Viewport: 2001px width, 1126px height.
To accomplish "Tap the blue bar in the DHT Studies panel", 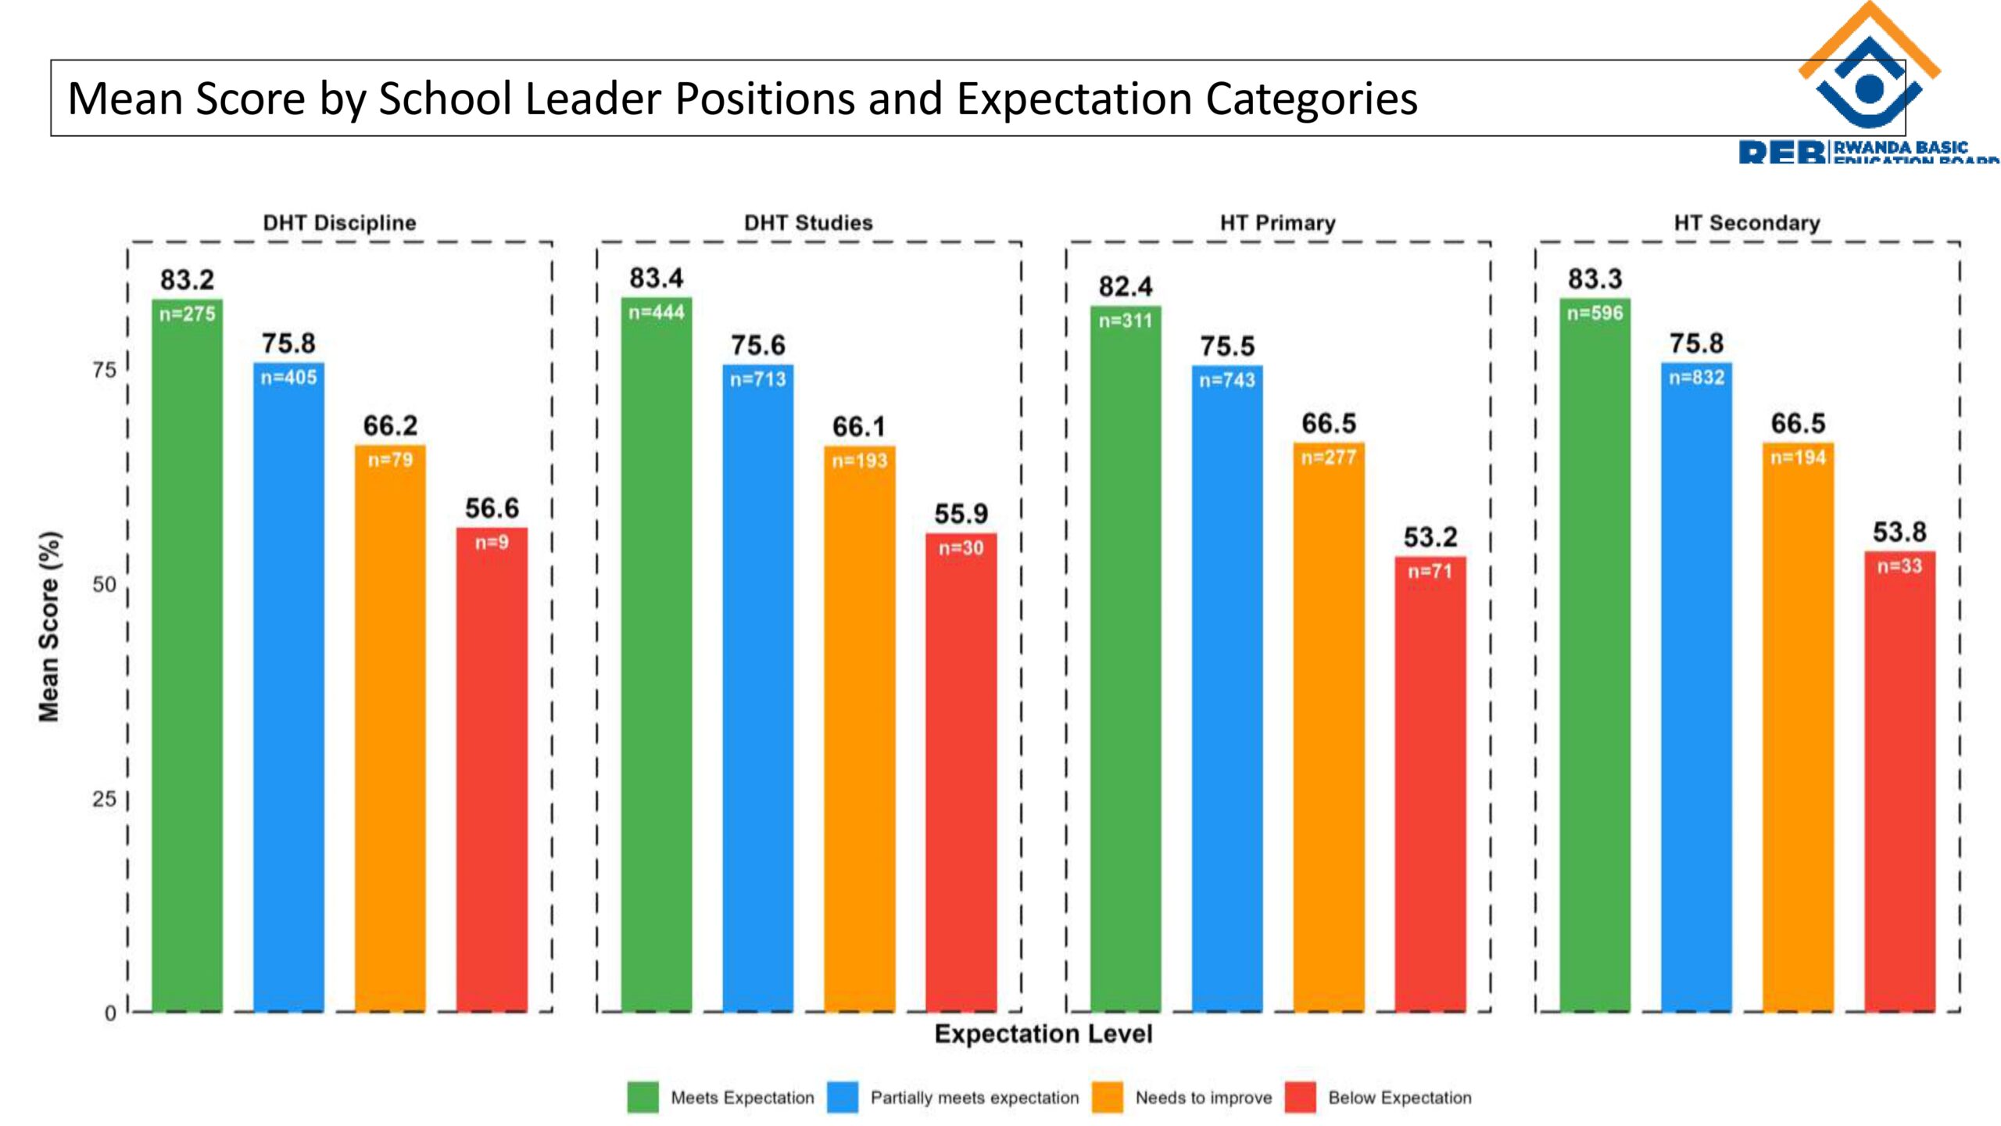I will [757, 688].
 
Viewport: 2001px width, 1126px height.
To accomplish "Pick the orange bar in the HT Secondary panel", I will [1798, 727].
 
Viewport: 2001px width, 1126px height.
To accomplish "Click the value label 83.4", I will [656, 278].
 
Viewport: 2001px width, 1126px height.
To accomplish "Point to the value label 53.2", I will [1430, 537].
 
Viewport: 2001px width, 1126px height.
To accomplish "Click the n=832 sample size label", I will [1696, 378].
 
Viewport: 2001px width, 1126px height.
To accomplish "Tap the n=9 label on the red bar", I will [492, 542].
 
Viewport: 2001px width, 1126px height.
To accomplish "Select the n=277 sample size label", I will [1329, 457].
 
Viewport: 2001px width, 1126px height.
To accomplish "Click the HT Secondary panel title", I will [1747, 223].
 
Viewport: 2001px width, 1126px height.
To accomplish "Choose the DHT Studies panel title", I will [808, 223].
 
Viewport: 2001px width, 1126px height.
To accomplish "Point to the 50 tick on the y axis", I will [104, 584].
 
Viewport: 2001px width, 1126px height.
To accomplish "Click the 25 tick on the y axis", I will [104, 799].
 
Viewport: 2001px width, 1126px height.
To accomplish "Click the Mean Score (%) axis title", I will [48, 626].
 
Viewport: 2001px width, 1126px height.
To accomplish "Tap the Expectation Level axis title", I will [1043, 1034].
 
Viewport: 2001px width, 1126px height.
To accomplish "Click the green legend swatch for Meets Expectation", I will [643, 1097].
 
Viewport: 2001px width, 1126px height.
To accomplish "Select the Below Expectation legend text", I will [1399, 1098].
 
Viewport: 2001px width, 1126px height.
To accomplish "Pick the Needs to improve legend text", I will [1203, 1098].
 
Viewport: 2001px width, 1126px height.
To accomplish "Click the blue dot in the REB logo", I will [1869, 88].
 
